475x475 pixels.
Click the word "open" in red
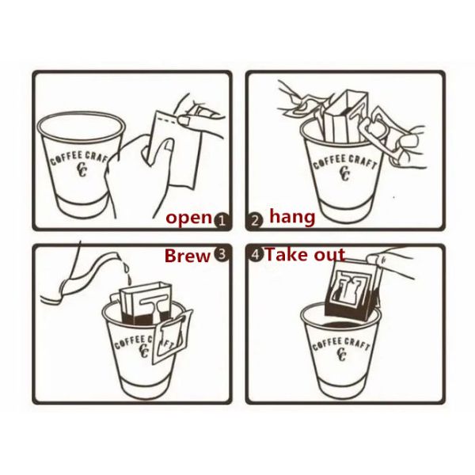[x=188, y=218]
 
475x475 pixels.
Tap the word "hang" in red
[x=292, y=217]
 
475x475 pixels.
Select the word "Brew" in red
[x=188, y=256]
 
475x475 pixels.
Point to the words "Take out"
[x=305, y=254]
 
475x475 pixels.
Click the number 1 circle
[x=222, y=220]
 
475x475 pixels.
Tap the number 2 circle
[x=255, y=220]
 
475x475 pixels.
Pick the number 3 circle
[x=222, y=254]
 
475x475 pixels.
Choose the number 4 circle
[x=256, y=254]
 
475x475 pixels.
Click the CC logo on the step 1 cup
[x=82, y=170]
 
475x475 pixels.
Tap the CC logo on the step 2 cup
[x=344, y=173]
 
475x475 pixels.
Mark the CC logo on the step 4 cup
[x=342, y=354]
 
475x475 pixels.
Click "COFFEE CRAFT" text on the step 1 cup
[x=79, y=158]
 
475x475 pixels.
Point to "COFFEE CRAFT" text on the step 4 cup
[x=340, y=343]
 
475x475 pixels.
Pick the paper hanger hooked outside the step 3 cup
[x=173, y=336]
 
